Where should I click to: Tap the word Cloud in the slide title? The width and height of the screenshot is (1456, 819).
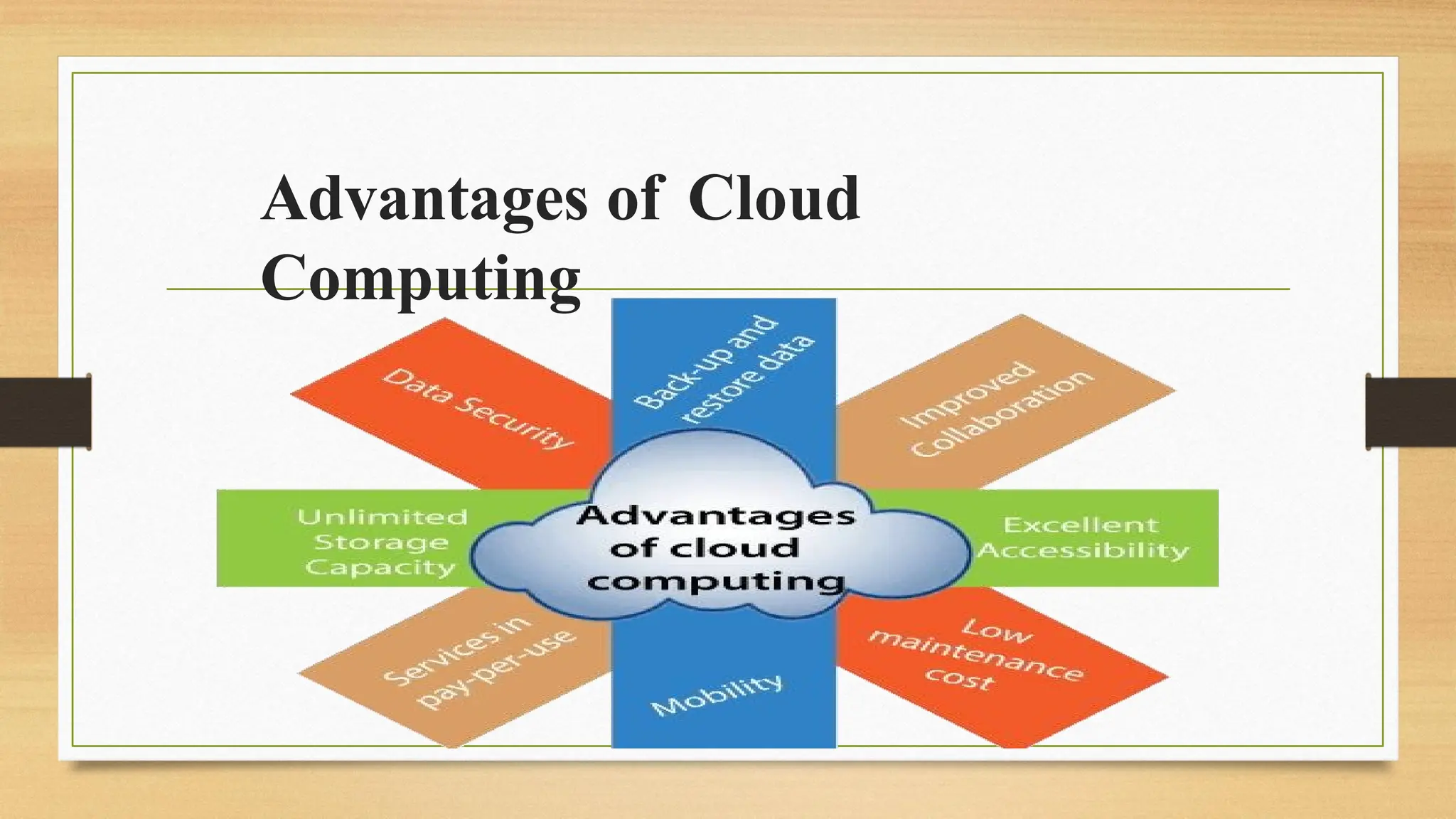tap(773, 198)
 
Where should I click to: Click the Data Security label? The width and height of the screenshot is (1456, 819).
tap(478, 408)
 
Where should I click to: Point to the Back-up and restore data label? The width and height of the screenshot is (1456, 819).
tap(723, 370)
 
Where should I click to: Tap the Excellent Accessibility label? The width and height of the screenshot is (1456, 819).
tap(1081, 537)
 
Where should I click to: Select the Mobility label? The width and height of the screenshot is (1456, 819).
tap(717, 695)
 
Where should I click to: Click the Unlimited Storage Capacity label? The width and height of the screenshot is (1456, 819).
tap(382, 542)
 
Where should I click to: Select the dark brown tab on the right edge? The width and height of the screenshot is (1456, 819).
tap(1410, 412)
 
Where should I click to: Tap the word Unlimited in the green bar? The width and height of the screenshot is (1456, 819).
tap(382, 517)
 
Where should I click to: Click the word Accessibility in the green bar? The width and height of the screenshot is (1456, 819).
tap(1083, 550)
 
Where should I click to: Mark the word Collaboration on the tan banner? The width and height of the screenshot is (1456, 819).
tap(1002, 414)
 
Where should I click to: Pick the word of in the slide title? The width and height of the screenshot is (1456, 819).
tap(633, 198)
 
